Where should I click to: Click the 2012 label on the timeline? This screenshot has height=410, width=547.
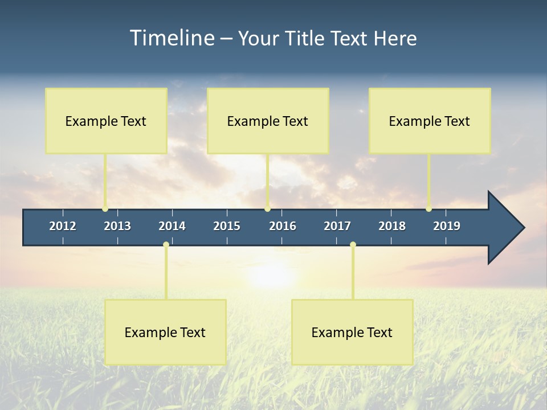[63, 226]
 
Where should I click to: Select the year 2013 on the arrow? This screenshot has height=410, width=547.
[117, 226]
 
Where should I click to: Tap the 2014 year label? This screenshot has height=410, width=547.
[172, 226]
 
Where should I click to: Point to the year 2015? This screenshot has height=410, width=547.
[227, 226]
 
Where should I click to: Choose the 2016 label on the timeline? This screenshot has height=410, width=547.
[283, 226]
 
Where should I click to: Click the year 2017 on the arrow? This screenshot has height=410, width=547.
[337, 226]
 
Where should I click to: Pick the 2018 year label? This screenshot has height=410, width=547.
[392, 226]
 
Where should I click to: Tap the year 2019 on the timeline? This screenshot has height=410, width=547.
[447, 226]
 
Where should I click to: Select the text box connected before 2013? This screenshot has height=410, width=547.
[106, 121]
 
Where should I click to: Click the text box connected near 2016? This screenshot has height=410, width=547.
[268, 121]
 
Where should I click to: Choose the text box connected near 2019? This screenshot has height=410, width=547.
[430, 121]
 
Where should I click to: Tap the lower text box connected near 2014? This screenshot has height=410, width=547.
[165, 332]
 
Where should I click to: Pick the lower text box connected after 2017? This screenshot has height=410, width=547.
[352, 332]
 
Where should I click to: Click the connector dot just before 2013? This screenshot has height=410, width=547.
[105, 208]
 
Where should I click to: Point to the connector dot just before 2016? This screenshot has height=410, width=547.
[267, 208]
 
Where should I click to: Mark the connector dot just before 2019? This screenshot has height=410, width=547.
[428, 208]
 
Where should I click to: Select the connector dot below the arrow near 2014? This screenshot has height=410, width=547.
[166, 245]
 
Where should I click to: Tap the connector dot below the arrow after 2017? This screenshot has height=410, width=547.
[353, 245]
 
